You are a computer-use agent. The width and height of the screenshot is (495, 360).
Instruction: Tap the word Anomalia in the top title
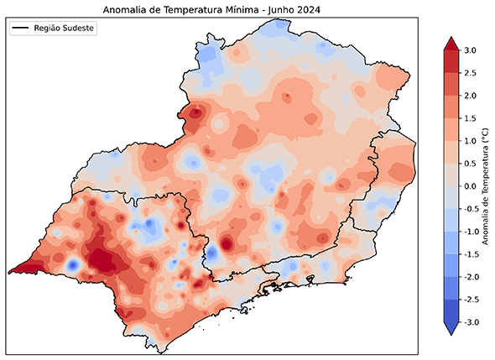(125, 9)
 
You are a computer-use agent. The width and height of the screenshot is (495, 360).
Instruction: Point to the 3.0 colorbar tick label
(470, 50)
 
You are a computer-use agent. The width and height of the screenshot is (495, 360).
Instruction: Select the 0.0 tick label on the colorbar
(470, 186)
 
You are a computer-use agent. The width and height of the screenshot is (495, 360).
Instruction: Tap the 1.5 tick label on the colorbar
(470, 118)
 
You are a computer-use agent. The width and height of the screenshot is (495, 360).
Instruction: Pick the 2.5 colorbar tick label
(470, 73)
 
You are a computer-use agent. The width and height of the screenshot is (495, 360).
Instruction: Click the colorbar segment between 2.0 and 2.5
(450, 85)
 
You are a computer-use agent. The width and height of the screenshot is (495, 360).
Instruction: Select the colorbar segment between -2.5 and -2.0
(450, 288)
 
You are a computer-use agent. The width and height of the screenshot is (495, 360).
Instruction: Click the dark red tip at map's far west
(18, 269)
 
